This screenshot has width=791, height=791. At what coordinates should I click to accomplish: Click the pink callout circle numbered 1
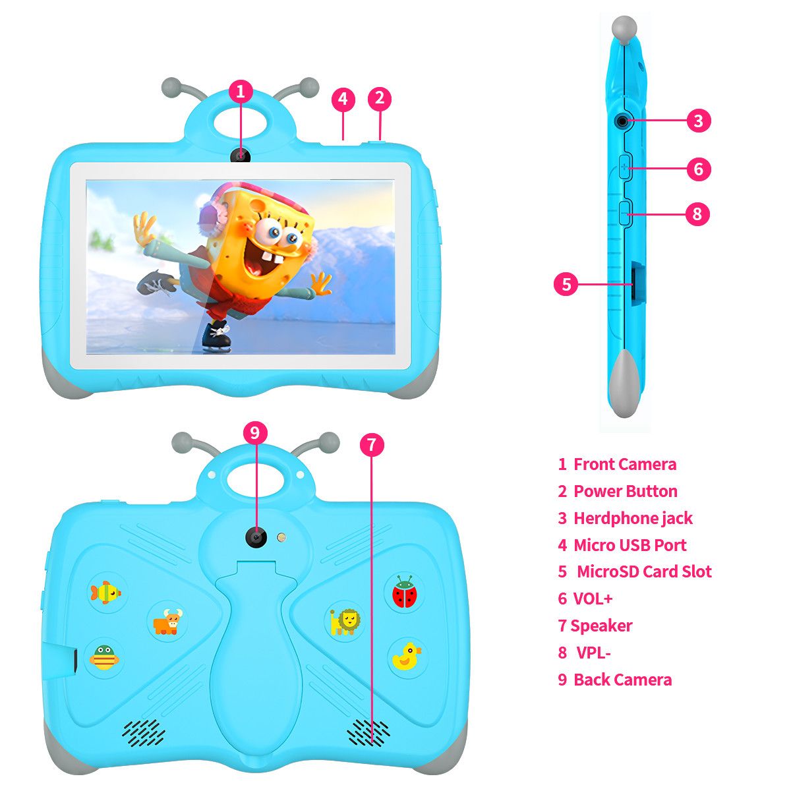pyautogui.click(x=240, y=92)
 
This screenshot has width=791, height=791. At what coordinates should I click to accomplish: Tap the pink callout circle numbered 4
pyautogui.click(x=343, y=99)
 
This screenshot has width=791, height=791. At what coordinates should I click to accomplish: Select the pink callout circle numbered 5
pyautogui.click(x=566, y=284)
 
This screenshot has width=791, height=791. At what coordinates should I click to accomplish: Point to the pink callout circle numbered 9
pyautogui.click(x=255, y=432)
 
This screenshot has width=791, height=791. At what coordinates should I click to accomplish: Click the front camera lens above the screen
pyautogui.click(x=240, y=156)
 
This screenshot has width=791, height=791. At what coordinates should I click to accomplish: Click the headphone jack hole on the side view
pyautogui.click(x=623, y=121)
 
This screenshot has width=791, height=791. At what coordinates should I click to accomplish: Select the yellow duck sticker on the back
pyautogui.click(x=406, y=657)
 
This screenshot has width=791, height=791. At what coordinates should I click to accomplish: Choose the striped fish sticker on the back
pyautogui.click(x=105, y=593)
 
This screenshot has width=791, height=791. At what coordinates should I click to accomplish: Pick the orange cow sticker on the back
pyautogui.click(x=167, y=622)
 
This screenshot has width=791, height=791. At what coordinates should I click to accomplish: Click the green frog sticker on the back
pyautogui.click(x=104, y=658)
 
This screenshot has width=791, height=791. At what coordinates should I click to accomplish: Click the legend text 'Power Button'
pyautogui.click(x=625, y=491)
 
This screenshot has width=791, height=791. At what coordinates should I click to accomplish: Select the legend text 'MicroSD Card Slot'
pyautogui.click(x=644, y=571)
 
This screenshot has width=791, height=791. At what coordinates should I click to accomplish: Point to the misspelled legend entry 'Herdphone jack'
pyautogui.click(x=633, y=519)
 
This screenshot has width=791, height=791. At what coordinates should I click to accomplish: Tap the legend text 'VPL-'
pyautogui.click(x=593, y=653)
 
